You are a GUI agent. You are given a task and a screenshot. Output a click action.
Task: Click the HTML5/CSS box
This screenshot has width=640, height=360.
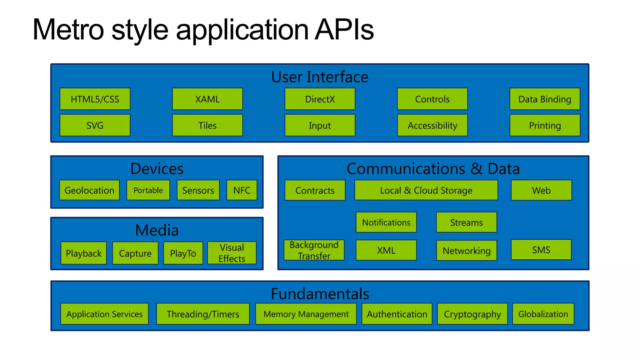95,99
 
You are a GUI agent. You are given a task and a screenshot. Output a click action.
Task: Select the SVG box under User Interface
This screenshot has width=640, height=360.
95,125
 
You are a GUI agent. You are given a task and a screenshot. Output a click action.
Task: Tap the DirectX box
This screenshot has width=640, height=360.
320,99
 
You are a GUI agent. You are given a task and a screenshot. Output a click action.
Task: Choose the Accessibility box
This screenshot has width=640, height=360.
432,125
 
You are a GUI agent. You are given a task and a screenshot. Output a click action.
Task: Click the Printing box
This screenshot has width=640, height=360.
545,125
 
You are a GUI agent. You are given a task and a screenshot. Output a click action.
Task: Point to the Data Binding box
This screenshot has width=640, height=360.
545,99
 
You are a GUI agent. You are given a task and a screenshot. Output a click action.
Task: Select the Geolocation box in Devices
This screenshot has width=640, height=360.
89,190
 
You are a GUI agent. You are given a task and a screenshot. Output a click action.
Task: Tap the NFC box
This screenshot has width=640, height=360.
242,190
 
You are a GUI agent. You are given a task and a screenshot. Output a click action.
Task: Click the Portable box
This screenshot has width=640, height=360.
148,190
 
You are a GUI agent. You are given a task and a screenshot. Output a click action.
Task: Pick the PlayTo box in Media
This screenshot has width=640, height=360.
183,253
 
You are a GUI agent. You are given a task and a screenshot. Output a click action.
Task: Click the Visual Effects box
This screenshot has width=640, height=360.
232,253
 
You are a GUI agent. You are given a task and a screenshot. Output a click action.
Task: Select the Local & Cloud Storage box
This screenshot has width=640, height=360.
426,190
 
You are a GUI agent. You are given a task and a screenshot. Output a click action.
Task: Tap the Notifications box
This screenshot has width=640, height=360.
386,222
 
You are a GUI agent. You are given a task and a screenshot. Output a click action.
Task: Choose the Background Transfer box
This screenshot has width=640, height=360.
314,250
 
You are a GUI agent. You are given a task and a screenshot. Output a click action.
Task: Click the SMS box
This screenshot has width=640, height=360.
541,250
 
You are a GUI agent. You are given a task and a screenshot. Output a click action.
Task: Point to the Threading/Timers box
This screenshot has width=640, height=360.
203,314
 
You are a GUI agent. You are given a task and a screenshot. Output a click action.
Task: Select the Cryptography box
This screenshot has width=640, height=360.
472,314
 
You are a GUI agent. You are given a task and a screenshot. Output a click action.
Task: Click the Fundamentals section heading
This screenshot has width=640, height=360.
320,294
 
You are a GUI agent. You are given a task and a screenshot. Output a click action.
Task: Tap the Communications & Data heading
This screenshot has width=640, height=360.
433,169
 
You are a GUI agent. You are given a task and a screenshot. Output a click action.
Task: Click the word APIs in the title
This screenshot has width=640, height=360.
344,30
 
